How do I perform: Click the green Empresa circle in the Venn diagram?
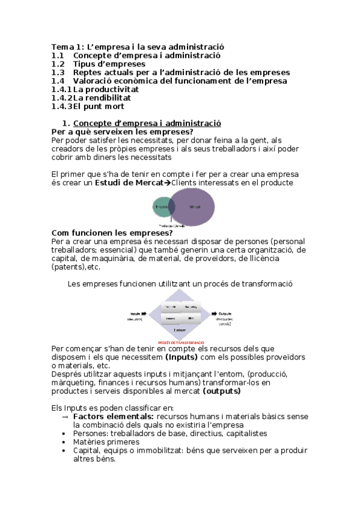pos(161,207)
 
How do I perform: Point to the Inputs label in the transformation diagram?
pos(135,313)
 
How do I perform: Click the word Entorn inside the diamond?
pos(180,330)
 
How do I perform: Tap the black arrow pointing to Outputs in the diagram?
pos(212,313)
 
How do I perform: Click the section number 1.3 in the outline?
pos(58,72)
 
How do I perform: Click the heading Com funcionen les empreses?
pos(112,233)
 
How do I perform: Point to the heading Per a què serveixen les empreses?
pos(123,132)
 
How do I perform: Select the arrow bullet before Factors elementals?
pos(65,416)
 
